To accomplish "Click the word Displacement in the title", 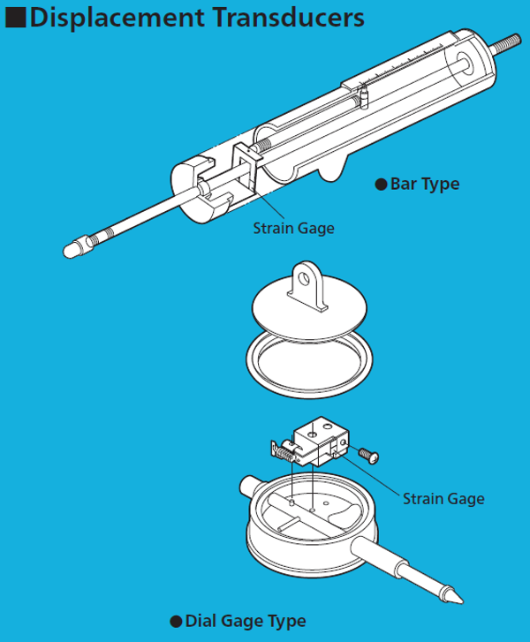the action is [117, 19].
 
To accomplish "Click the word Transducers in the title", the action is [288, 18].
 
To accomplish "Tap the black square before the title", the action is [16, 18].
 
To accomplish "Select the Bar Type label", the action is [425, 185].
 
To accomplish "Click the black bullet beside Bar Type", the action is [381, 185].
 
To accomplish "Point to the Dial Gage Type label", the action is [246, 621].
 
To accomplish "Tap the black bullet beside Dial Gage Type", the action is [176, 622].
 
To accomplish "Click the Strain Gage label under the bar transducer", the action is [293, 229].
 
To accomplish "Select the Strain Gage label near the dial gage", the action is [443, 499].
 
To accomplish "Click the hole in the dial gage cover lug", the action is [305, 279].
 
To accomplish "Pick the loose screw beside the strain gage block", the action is [368, 455].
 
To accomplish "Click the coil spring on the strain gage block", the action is [284, 453].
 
